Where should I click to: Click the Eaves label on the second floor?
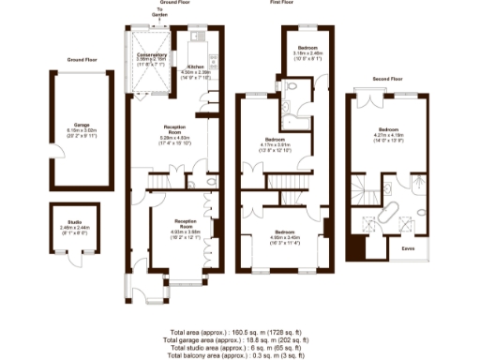point(409,249)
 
